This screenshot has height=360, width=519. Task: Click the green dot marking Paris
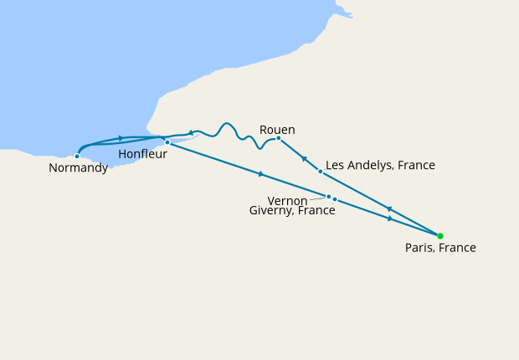(440, 236)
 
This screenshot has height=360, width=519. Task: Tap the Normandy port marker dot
(77, 156)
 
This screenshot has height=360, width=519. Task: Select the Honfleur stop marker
(167, 142)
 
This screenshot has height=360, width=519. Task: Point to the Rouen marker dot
(278, 138)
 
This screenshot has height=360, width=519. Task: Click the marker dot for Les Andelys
(321, 172)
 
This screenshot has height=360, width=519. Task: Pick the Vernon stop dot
(328, 197)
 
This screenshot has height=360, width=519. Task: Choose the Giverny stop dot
(335, 199)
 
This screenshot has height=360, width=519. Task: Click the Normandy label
(78, 168)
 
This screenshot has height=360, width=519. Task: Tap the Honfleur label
(142, 154)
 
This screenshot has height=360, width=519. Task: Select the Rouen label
(277, 129)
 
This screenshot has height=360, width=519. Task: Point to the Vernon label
(287, 201)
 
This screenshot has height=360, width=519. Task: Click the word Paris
(421, 248)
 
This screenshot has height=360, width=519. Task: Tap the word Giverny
(271, 211)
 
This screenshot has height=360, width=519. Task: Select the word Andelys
(369, 165)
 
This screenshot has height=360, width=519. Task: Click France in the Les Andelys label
(417, 165)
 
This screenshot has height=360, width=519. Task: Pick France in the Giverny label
(317, 211)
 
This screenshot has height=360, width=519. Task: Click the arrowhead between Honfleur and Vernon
(262, 174)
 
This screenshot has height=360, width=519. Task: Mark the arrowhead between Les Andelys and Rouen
(304, 158)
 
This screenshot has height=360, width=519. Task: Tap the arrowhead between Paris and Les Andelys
(388, 208)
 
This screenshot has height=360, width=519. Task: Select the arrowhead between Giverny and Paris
(390, 219)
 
